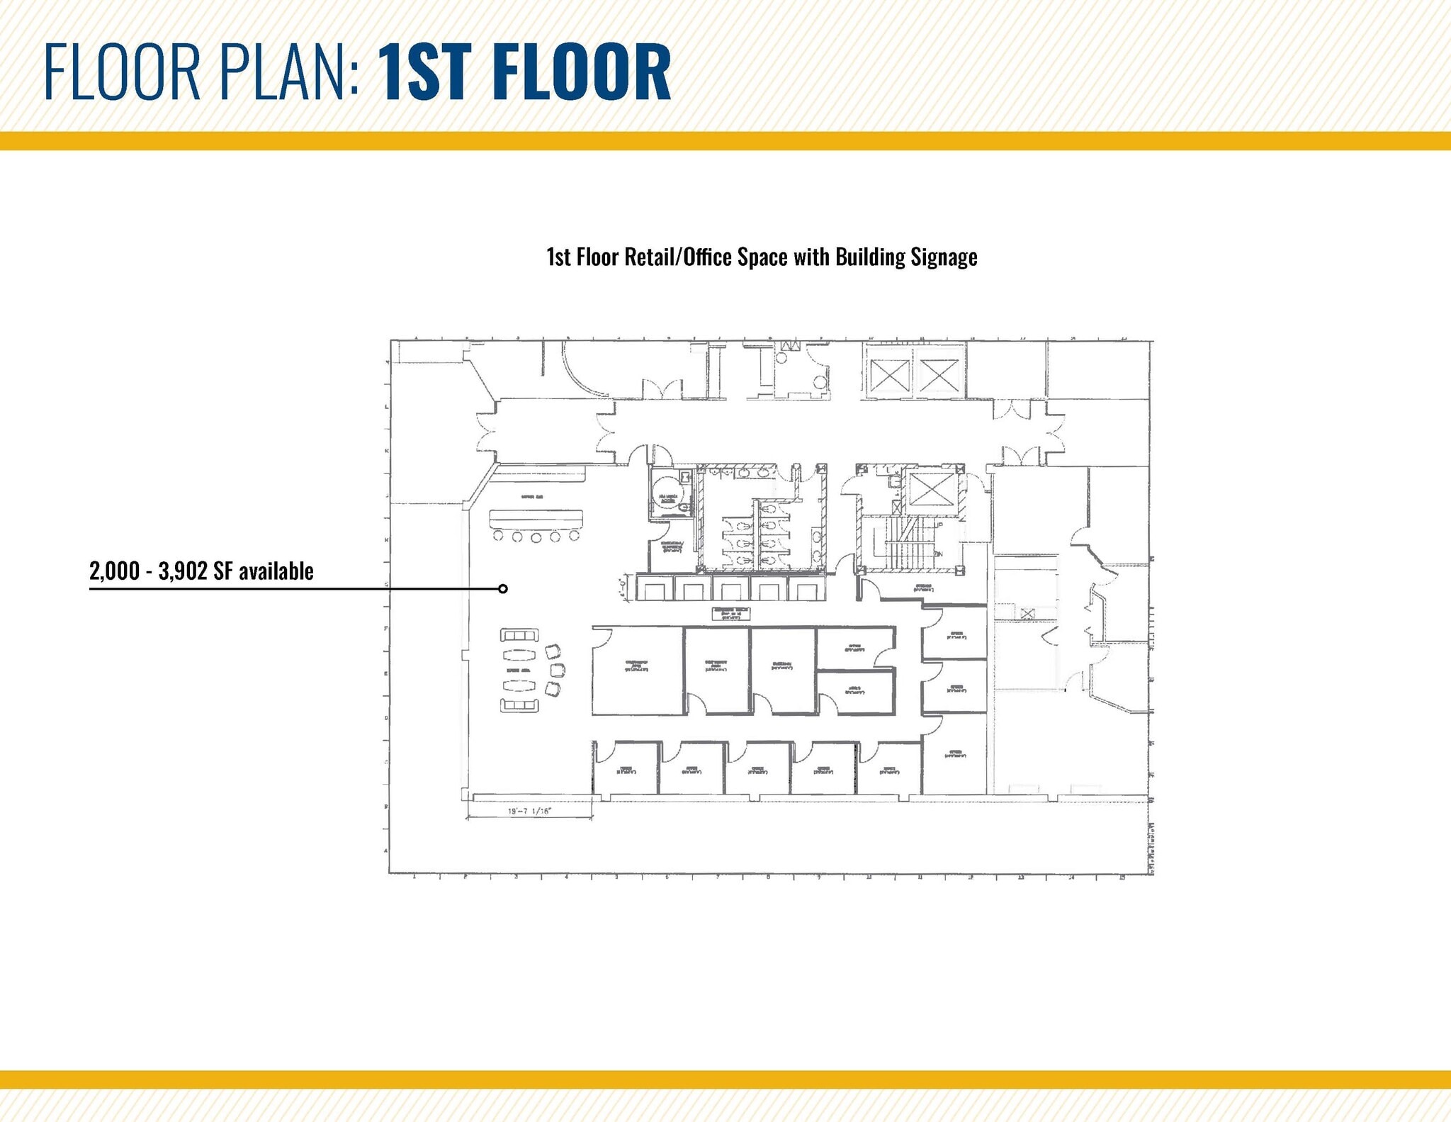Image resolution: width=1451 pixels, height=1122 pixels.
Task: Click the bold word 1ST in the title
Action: [x=439, y=72]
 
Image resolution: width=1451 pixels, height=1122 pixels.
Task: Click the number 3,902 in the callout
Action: [x=184, y=571]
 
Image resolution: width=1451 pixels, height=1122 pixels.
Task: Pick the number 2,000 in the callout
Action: [x=115, y=571]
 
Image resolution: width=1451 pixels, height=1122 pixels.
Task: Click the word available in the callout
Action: [x=276, y=571]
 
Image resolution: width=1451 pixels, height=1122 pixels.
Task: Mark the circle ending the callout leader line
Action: [x=502, y=589]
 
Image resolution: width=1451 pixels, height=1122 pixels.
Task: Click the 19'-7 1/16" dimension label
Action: [x=529, y=812]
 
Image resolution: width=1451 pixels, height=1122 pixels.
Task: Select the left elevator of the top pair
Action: [x=888, y=375]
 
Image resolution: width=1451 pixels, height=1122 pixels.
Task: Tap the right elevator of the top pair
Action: [x=939, y=375]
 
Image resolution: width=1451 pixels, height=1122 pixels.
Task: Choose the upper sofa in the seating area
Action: [x=519, y=635]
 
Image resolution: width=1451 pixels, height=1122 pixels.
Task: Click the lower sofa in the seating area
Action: [x=519, y=705]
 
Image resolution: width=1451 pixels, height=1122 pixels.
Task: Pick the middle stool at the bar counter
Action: [x=536, y=537]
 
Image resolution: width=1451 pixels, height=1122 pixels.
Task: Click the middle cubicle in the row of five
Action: [x=730, y=588]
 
